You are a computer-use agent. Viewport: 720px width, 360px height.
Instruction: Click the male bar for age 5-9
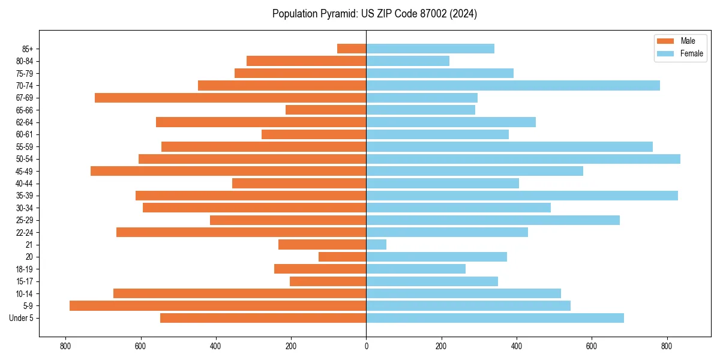218,306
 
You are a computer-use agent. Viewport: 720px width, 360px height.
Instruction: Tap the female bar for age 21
376,245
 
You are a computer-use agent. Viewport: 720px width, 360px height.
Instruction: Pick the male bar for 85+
352,49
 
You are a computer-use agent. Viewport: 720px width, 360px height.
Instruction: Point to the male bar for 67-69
230,98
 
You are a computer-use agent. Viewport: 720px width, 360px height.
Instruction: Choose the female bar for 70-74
513,86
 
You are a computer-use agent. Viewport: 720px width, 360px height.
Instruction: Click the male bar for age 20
342,257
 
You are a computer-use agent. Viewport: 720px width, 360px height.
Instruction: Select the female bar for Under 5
495,318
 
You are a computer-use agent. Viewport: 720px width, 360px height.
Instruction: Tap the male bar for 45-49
228,171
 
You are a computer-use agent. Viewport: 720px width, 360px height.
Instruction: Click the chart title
374,14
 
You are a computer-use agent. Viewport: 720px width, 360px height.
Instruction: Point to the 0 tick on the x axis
366,346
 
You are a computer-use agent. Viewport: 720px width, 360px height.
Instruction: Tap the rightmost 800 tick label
667,346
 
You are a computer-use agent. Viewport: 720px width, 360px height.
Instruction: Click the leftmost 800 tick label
65,346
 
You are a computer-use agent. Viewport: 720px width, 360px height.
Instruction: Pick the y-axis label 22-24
25,233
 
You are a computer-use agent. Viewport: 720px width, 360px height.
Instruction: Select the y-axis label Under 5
22,318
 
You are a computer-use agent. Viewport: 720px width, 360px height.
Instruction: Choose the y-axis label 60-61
25,134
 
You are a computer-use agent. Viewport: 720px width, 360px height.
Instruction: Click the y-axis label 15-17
25,281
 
